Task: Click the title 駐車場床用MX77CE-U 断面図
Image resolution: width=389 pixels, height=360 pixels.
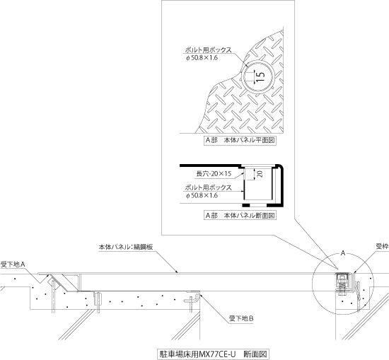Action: coord(213,354)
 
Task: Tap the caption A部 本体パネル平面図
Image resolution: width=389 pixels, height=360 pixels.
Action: coord(240,141)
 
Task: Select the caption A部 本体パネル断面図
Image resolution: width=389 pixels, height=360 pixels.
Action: coord(240,215)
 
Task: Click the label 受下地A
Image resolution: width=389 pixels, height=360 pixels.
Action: coord(13,265)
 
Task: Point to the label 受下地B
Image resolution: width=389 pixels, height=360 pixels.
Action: coord(241,318)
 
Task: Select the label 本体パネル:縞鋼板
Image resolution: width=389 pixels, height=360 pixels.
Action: coord(126,247)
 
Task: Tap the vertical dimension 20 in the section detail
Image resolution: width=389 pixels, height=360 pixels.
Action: coord(260,174)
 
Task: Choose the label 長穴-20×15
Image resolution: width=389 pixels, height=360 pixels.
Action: coord(214,174)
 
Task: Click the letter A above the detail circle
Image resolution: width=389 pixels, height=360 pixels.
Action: coord(343,253)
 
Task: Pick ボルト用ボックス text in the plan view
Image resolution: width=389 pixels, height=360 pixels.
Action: coord(209,50)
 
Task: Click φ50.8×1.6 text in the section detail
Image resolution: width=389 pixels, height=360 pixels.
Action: coord(202,195)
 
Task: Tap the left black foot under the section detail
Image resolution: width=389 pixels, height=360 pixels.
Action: coord(246,205)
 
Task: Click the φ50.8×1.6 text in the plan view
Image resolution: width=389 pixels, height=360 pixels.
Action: coord(202,58)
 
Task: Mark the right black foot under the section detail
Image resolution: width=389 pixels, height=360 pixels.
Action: coord(275,205)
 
